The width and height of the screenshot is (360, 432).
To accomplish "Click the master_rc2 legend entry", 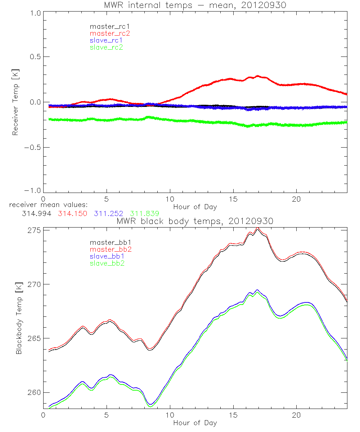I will [110, 33].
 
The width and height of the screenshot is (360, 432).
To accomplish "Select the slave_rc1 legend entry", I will [107, 40].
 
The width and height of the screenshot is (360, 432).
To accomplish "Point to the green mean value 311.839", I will [145, 214].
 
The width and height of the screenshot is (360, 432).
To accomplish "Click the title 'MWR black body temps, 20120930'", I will [195, 221].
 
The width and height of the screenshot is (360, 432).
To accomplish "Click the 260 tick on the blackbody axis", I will [33, 392].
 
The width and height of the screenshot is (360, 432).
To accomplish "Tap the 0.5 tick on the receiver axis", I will [35, 57].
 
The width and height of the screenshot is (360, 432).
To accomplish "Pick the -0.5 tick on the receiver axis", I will [33, 147].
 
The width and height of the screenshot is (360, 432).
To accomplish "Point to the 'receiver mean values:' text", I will [46, 205].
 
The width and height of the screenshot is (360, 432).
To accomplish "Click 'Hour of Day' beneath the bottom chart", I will [195, 423].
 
